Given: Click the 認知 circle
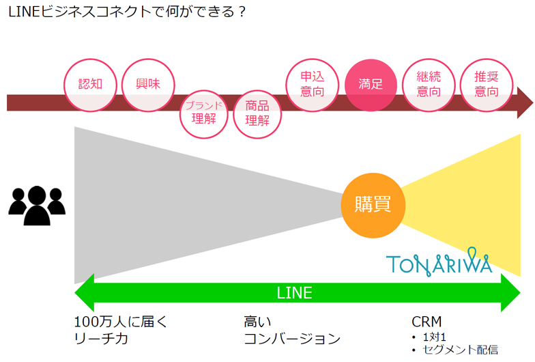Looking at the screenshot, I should tap(90, 85).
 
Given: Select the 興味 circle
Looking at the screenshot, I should tap(148, 85).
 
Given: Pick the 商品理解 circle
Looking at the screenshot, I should tap(257, 113).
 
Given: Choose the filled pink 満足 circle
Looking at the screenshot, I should tap(371, 85).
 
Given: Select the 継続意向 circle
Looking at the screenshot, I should tap(428, 85).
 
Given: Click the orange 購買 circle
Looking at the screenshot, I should tap(372, 204).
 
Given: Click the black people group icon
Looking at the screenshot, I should tap(37, 204).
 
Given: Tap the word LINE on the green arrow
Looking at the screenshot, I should tap(294, 294).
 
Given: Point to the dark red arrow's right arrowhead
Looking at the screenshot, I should tap(524, 102).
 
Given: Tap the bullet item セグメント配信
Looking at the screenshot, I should tap(461, 350).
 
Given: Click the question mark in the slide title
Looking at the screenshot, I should tap(240, 12).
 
